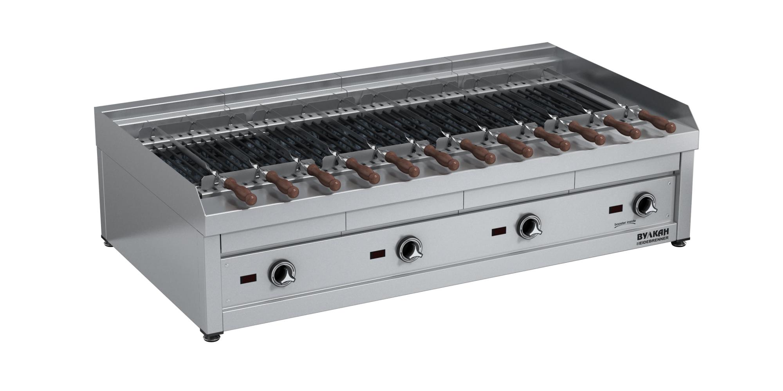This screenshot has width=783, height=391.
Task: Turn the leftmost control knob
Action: pyautogui.click(x=281, y=274)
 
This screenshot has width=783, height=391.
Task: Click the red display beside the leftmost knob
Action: pyautogui.click(x=248, y=278)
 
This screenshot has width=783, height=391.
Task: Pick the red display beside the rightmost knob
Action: pyautogui.click(x=616, y=209)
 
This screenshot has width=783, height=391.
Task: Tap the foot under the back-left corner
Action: pyautogui.click(x=106, y=242)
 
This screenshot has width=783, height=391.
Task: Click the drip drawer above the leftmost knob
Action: pyautogui.click(x=282, y=242)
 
